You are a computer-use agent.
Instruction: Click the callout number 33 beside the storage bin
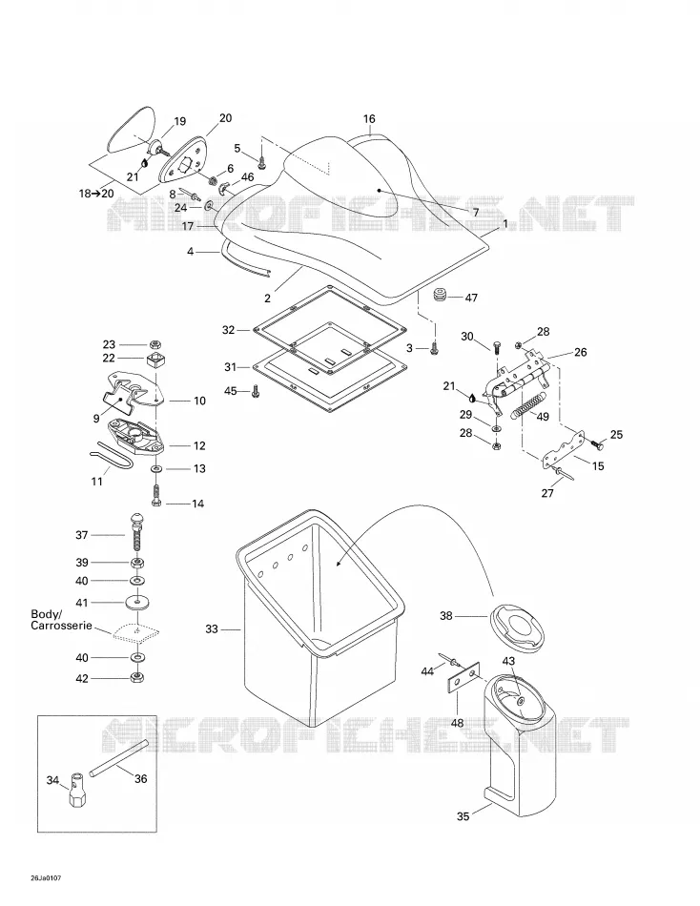pos(212,628)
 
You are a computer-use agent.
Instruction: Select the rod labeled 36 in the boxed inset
pos(119,758)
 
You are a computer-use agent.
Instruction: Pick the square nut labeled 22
pos(154,360)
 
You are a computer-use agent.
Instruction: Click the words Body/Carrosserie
pos(61,619)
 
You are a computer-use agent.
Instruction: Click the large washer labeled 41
pos(137,603)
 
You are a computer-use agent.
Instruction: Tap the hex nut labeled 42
pos(137,677)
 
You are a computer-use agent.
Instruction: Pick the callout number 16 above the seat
pos(369,118)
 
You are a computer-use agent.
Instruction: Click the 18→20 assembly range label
pos(96,194)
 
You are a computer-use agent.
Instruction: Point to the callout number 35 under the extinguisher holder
pos(463,816)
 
